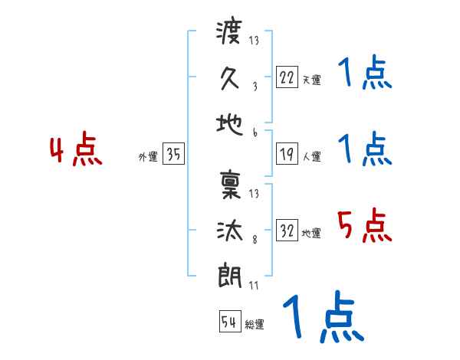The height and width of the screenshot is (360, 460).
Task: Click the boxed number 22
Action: coord(287,77)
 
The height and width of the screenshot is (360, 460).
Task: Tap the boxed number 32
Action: coord(287,231)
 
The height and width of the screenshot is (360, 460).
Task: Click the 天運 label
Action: coord(311,80)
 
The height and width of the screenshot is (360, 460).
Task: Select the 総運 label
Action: coord(255,325)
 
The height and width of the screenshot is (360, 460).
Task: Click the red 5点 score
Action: coord(364,226)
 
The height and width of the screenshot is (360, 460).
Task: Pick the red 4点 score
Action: coord(76,151)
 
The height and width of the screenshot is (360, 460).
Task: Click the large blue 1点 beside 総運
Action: coord(322,318)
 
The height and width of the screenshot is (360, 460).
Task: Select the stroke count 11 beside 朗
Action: coord(254,286)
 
